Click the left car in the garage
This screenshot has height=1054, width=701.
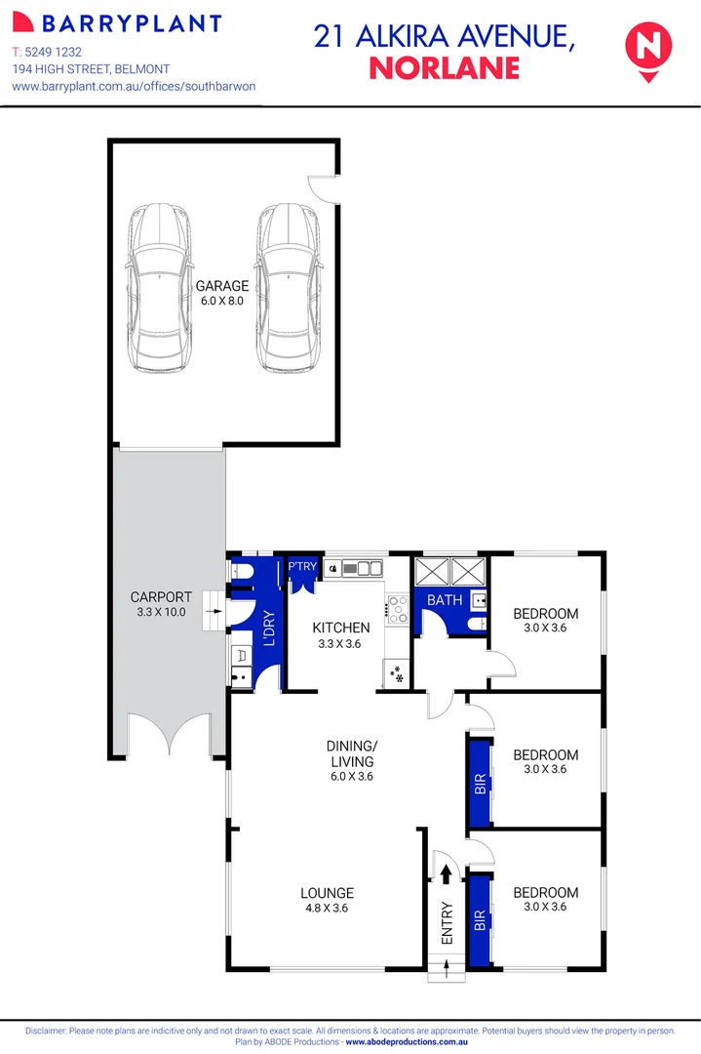[158, 288]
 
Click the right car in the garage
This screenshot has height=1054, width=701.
[289, 288]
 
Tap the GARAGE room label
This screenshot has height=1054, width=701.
[222, 286]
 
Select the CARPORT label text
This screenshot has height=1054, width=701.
[161, 597]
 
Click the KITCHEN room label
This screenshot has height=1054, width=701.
[340, 628]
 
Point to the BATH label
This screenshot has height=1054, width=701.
[444, 600]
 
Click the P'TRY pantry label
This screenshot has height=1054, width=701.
[300, 565]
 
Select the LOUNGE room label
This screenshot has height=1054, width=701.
[327, 892]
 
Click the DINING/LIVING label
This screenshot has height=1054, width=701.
[351, 754]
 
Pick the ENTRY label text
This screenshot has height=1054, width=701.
[448, 920]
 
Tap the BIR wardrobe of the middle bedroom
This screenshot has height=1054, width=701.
[480, 783]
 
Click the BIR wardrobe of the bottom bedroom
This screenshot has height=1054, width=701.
[480, 919]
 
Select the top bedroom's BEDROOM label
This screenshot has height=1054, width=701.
[545, 614]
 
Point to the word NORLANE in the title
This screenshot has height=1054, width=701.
[444, 67]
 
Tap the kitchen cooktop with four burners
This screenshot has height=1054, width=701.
[396, 610]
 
